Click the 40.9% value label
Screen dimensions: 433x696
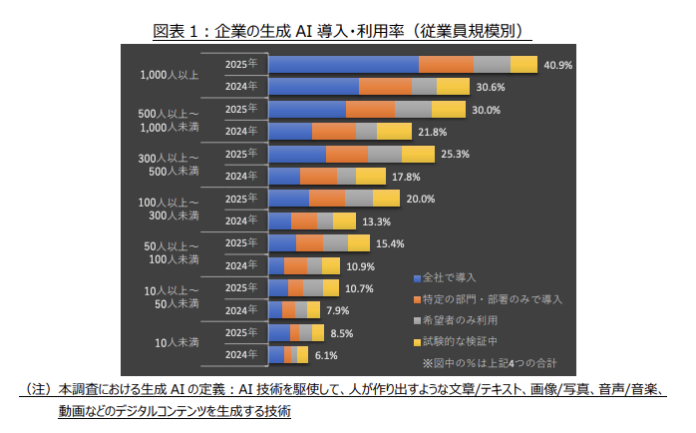point(557,65)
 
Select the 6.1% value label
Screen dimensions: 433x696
point(326,355)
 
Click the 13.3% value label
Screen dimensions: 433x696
point(376,221)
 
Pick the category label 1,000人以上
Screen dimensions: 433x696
point(171,75)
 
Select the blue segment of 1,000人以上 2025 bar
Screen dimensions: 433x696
point(344,65)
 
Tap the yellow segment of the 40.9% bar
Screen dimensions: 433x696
point(523,65)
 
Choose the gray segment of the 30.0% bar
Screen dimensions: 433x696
point(413,109)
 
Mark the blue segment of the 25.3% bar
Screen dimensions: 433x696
point(298,154)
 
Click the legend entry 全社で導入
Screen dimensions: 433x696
point(449,276)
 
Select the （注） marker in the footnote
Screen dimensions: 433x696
point(37,389)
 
